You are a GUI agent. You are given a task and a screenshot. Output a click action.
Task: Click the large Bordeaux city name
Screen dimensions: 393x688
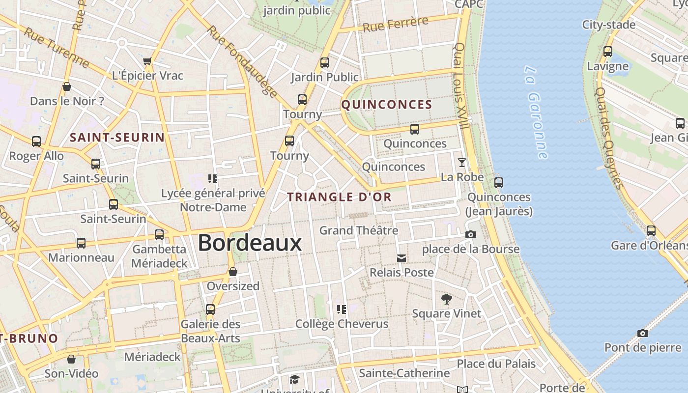point(250,243)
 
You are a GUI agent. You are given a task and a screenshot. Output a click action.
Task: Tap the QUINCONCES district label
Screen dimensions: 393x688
point(387,105)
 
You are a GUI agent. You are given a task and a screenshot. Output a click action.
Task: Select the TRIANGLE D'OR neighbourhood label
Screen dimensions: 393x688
point(339,197)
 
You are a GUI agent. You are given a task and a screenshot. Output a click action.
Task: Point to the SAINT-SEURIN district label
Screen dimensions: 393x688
point(117,138)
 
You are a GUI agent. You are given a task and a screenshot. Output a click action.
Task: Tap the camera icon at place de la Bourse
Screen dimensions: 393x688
point(471,235)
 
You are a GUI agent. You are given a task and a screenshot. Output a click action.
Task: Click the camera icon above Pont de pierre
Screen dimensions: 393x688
point(642,334)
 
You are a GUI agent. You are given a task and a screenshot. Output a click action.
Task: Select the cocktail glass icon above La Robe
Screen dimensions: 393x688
point(462,162)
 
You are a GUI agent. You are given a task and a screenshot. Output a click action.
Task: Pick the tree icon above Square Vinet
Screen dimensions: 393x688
point(446,299)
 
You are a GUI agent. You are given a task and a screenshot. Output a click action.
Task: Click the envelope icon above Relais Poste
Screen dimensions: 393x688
point(401,258)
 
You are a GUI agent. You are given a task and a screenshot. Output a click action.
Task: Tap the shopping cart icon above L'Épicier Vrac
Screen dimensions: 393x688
point(147,61)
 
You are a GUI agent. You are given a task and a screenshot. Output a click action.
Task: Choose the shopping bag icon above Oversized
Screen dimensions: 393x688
point(233,272)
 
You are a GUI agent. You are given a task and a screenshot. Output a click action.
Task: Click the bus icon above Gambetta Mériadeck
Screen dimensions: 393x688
point(159,235)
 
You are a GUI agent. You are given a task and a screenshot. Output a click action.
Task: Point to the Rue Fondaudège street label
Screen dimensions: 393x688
point(242,61)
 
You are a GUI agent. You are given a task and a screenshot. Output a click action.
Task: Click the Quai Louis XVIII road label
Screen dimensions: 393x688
point(461,85)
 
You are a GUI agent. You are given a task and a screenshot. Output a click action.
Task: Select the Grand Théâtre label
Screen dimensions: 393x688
point(359,230)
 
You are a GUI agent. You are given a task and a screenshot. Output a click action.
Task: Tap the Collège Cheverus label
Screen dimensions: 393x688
point(342,324)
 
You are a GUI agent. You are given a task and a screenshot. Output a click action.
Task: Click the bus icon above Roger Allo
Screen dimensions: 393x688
point(36,141)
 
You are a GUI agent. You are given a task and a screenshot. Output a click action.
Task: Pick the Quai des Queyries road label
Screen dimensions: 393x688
point(609,138)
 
